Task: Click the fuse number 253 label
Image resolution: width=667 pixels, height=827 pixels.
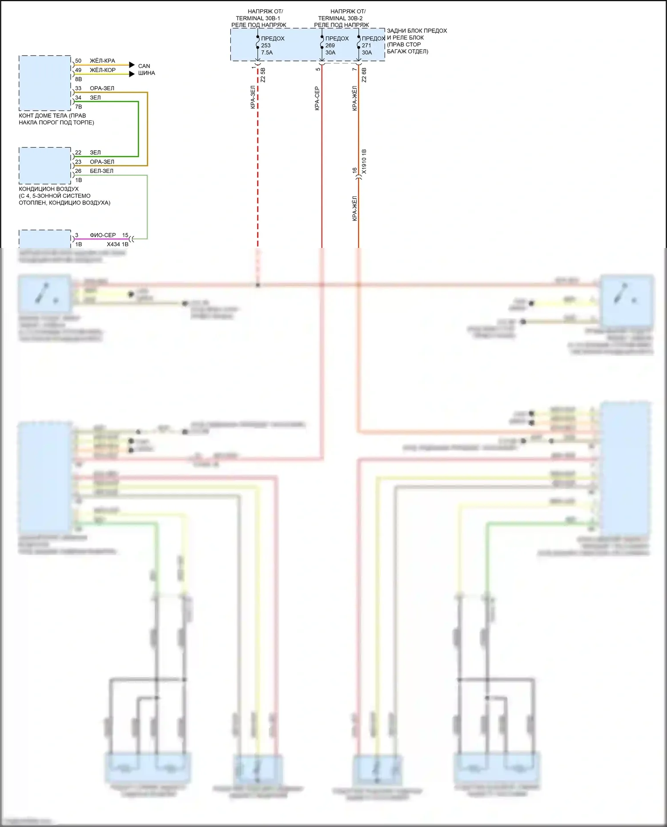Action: click(x=266, y=45)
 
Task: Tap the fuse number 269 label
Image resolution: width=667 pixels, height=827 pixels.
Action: click(x=330, y=45)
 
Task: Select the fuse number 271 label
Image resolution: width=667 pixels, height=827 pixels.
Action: click(x=366, y=45)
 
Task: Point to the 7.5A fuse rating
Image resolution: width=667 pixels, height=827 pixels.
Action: click(x=267, y=52)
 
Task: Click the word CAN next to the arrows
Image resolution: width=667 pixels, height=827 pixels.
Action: click(x=144, y=66)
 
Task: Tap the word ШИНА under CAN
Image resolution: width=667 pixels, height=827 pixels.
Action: click(x=146, y=73)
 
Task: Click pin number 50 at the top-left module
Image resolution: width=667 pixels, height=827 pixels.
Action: click(x=78, y=61)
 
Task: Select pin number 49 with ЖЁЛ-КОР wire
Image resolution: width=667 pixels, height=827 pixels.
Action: click(x=78, y=70)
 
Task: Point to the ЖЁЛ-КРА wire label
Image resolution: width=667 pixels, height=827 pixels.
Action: click(x=102, y=61)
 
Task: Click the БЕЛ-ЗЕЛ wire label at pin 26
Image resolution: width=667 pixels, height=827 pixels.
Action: click(x=101, y=171)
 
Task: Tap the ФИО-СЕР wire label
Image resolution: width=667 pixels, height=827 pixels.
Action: click(x=103, y=235)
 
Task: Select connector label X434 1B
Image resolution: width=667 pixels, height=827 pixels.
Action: click(x=117, y=244)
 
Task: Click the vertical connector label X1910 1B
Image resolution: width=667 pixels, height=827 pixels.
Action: click(x=364, y=161)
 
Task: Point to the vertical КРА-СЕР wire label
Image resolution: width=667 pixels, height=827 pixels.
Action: click(x=317, y=98)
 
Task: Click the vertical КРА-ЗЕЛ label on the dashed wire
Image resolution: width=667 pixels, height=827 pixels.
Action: click(x=253, y=97)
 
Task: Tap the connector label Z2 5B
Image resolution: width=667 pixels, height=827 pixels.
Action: click(x=263, y=75)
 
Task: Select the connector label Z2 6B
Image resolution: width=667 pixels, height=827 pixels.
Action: click(x=364, y=75)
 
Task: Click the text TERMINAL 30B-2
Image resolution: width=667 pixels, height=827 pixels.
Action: click(x=340, y=18)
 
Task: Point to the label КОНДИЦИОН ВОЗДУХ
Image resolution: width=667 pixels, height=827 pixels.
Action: click(x=48, y=189)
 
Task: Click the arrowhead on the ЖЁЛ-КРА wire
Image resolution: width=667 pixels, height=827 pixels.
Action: click(x=132, y=65)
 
